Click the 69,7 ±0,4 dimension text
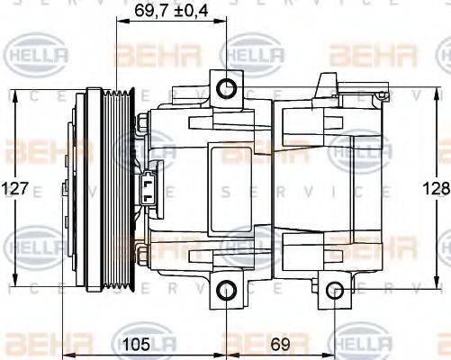click(170, 12)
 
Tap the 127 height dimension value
click(17, 189)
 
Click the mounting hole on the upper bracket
click(225, 86)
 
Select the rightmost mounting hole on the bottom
click(335, 290)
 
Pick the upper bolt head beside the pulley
click(143, 123)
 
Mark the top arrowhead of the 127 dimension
click(17, 92)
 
